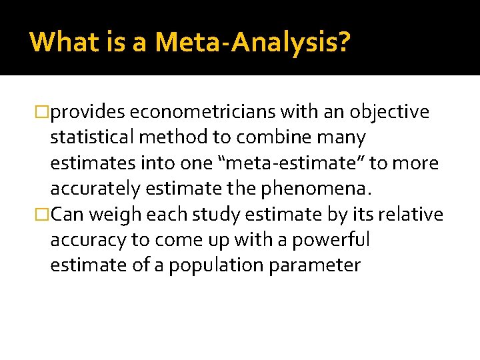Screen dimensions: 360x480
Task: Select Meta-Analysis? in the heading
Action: (252, 43)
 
